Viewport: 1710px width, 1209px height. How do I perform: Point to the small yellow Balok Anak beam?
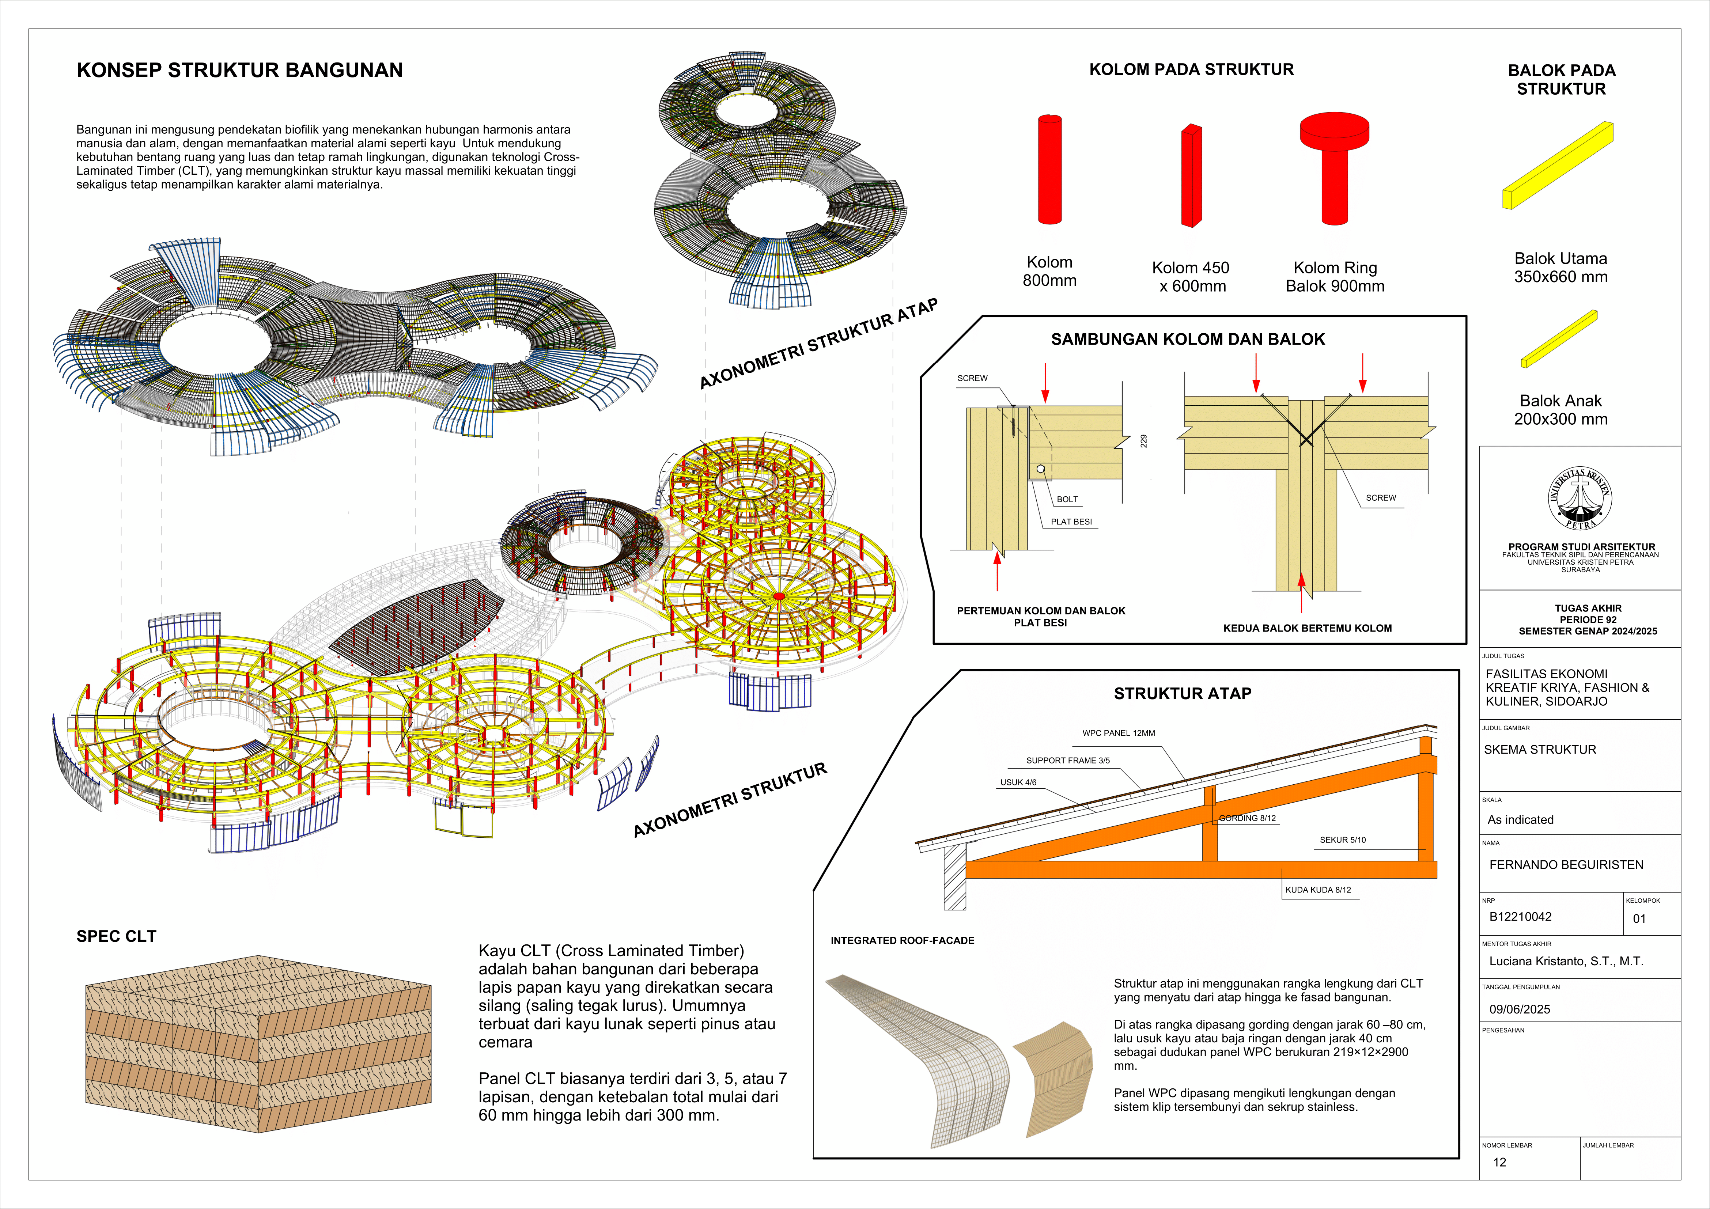point(1559,339)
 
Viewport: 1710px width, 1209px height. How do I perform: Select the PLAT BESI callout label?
point(1071,522)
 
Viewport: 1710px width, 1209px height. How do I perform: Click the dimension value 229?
point(1144,441)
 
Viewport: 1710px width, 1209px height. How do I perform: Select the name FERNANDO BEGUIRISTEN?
point(1566,865)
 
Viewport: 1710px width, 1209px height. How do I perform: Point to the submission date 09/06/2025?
point(1519,1009)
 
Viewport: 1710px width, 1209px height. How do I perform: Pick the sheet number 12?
point(1499,1162)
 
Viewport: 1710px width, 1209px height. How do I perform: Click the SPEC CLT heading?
point(116,936)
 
